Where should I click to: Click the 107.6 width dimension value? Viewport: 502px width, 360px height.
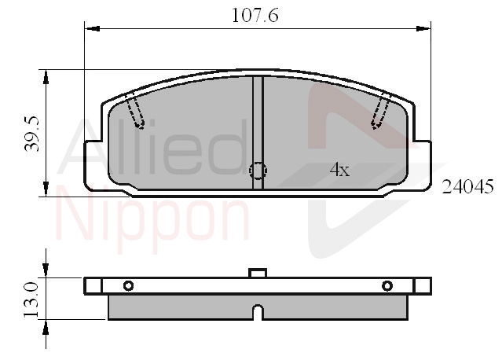click(255, 16)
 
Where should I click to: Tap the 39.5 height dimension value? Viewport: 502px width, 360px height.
click(32, 134)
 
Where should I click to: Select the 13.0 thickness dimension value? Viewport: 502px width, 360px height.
click(31, 300)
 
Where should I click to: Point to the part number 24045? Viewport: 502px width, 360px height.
click(467, 187)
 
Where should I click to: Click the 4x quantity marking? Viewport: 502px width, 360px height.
click(339, 170)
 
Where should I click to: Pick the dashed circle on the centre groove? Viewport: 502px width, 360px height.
click(258, 171)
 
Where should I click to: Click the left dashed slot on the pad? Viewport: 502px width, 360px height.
click(135, 111)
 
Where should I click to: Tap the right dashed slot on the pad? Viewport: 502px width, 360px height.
click(381, 111)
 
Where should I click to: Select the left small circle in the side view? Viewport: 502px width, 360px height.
click(128, 285)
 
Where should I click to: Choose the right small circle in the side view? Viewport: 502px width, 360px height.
click(387, 285)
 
